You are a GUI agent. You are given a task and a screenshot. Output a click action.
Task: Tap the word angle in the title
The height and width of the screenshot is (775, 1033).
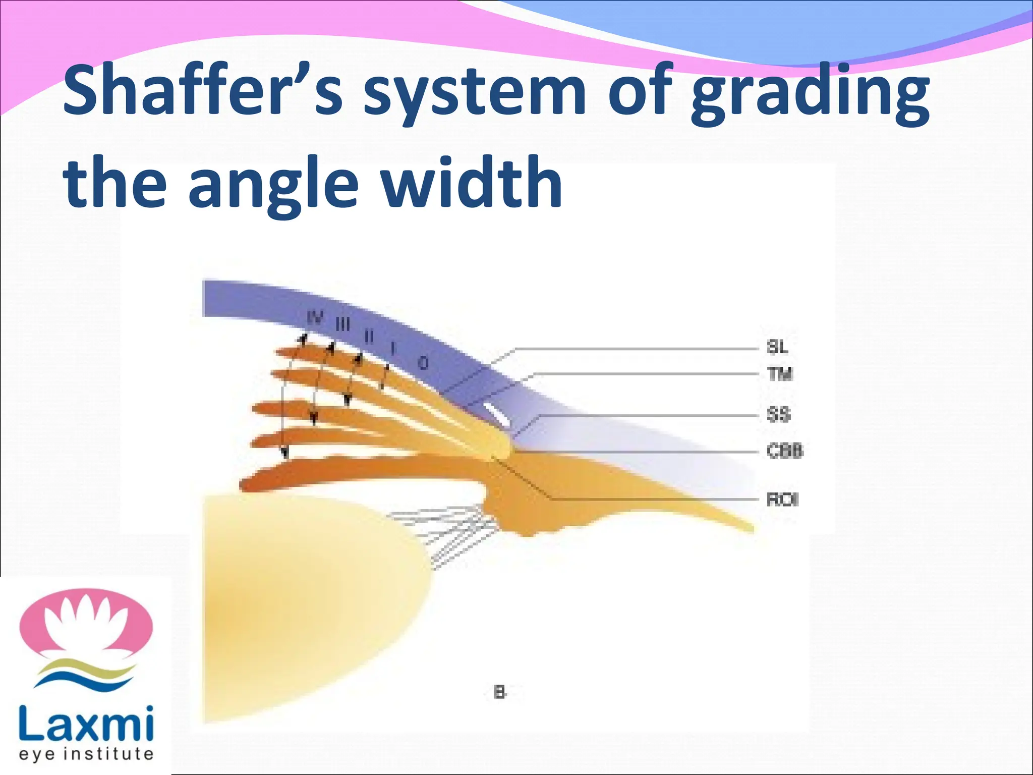point(275,184)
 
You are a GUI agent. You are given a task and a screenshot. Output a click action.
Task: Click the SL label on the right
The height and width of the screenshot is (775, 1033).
point(777,347)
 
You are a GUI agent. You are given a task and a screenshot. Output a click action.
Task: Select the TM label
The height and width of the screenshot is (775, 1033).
point(780,374)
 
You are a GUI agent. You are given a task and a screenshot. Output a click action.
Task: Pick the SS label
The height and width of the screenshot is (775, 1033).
point(778,415)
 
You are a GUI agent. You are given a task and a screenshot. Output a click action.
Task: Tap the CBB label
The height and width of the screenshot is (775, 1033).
point(784,451)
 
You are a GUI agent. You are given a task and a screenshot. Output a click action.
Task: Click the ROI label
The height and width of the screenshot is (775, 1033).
point(782,500)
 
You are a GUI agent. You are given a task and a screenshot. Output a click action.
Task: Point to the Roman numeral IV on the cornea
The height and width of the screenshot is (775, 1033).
point(315,318)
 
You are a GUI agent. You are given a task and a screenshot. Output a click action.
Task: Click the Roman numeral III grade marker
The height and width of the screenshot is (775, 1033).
point(343,324)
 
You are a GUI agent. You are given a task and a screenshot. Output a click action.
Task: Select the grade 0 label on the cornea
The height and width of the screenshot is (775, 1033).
point(424,362)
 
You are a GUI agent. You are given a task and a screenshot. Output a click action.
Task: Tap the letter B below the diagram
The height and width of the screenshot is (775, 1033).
point(499,692)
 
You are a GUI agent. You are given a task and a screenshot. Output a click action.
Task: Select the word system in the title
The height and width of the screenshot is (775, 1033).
point(474,93)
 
